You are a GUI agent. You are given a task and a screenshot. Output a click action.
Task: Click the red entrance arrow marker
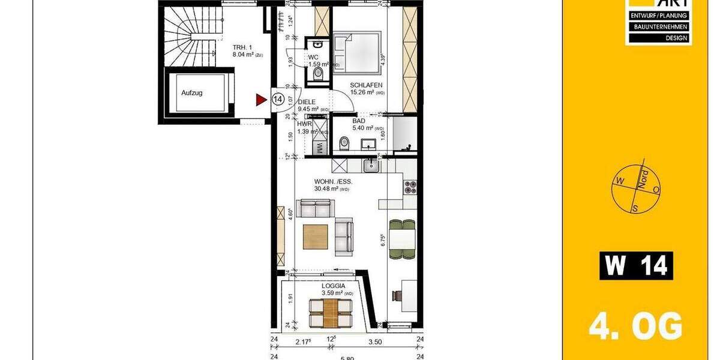(260, 100)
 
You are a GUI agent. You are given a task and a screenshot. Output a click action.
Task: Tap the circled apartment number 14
(278, 100)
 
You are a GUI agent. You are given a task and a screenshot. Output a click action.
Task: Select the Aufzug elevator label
(192, 93)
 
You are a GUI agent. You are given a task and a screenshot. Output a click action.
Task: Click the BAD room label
(359, 121)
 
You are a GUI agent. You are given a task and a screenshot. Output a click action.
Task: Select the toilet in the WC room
(318, 73)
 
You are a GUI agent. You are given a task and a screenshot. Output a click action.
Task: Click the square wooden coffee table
(316, 236)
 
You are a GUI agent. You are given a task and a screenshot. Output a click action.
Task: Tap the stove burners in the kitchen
(410, 187)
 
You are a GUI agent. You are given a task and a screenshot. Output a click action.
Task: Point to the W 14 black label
(636, 266)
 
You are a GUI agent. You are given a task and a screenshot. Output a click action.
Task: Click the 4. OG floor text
(635, 328)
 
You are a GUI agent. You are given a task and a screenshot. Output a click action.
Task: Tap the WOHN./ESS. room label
(333, 181)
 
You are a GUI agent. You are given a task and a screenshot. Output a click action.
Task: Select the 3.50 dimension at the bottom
(376, 342)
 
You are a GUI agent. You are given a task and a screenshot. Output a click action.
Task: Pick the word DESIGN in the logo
(658, 38)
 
